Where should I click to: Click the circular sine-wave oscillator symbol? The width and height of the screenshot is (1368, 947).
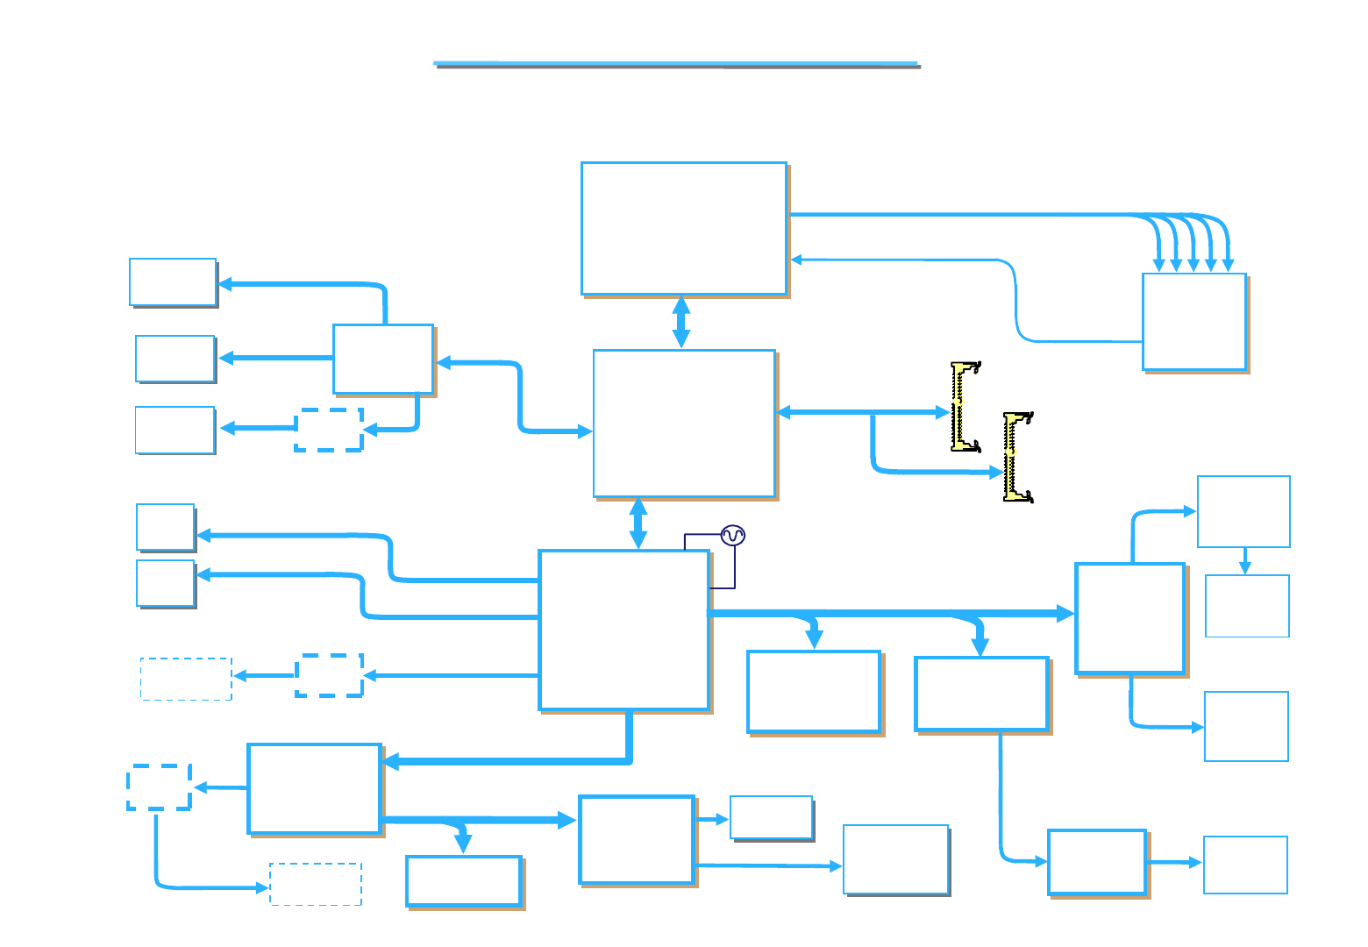tap(733, 535)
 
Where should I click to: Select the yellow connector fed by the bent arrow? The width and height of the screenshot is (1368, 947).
tap(1017, 457)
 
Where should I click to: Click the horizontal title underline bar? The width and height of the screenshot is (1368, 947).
tap(677, 64)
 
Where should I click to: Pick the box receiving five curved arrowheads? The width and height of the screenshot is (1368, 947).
tap(1194, 321)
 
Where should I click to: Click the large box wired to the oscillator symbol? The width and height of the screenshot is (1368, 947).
tap(623, 630)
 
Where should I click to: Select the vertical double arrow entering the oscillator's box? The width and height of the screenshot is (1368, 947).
tap(638, 523)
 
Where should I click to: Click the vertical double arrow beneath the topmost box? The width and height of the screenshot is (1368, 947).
tap(680, 322)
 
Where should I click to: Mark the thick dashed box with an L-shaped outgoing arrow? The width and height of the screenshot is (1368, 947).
tap(159, 787)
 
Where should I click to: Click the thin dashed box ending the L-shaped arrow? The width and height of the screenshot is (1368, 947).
tap(316, 884)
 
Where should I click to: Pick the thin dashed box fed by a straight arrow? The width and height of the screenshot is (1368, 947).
tap(186, 679)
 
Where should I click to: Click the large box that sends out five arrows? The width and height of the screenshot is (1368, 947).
tap(684, 228)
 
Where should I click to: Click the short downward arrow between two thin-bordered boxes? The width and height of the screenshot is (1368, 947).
tap(1244, 561)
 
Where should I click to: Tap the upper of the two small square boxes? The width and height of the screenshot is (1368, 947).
tap(165, 527)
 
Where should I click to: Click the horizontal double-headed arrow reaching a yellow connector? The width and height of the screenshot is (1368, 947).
tap(864, 411)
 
